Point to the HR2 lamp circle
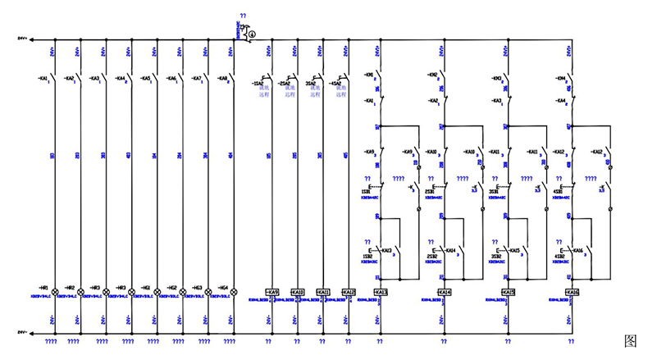point(80,292)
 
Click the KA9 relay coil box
point(273,292)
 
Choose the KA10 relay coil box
point(298,292)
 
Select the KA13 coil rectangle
point(380,292)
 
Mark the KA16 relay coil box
point(571,292)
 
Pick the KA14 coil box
point(444,292)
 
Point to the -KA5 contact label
point(146,79)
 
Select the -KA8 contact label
point(221,79)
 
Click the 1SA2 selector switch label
point(258,83)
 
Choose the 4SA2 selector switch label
point(334,83)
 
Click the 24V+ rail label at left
point(22,39)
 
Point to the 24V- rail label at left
point(22,333)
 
